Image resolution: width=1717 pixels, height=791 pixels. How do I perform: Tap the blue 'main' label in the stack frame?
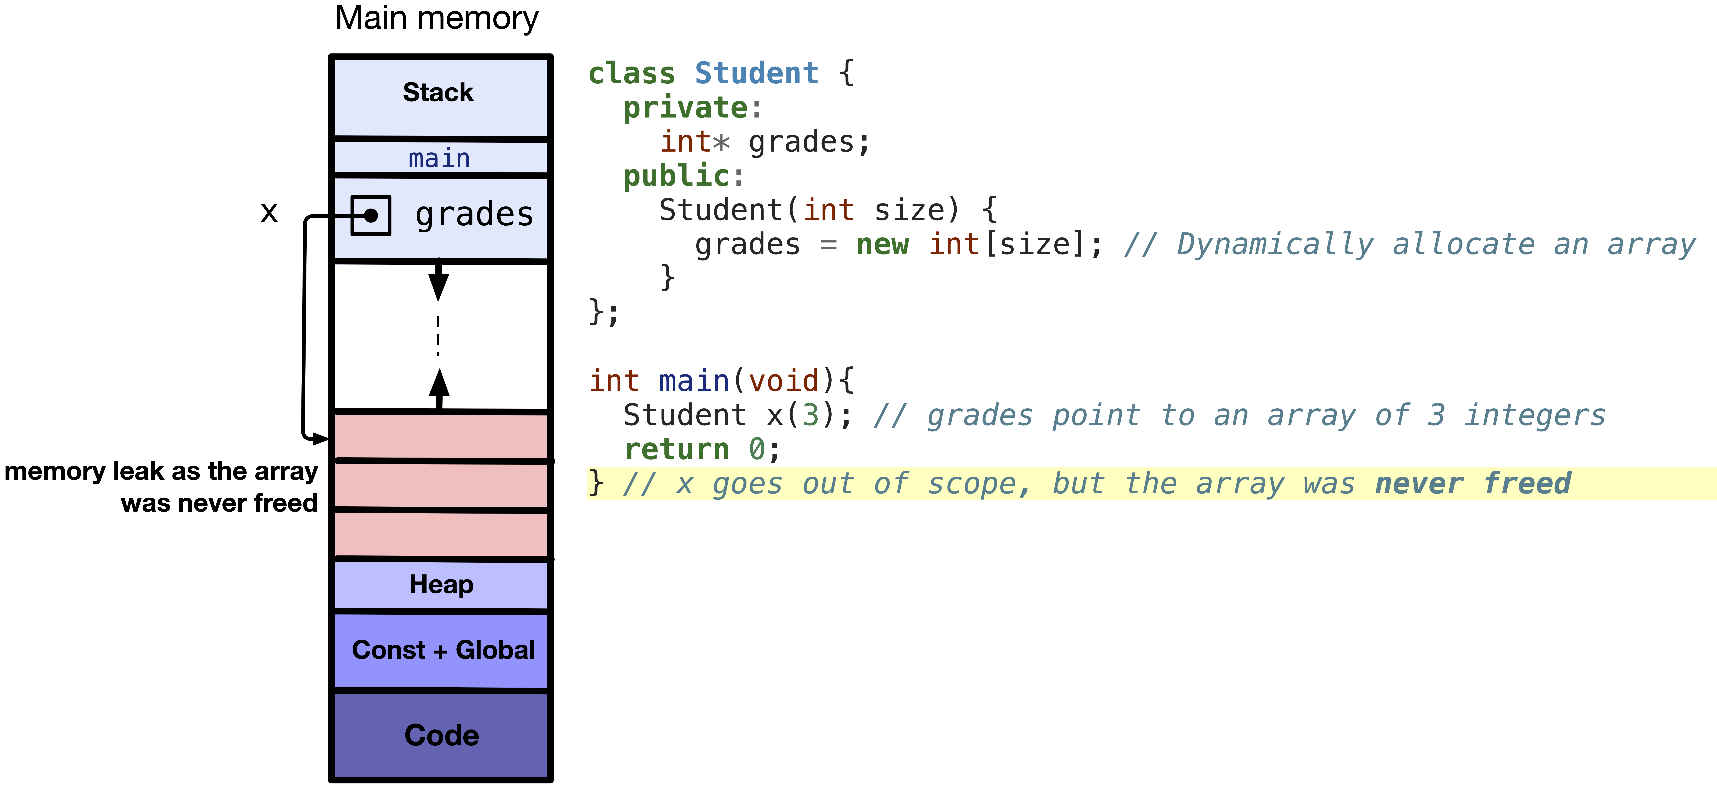pos(439,159)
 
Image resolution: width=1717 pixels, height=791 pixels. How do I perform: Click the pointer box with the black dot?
pos(371,215)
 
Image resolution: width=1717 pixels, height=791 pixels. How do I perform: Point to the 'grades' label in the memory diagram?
pos(474,215)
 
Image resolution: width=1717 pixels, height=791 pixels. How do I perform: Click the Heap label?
pos(441,584)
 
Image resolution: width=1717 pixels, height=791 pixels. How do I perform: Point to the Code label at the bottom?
pos(441,735)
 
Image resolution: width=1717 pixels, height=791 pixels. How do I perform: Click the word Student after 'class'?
pos(756,73)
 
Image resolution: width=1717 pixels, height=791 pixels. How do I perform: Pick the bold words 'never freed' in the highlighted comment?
pos(1473,484)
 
